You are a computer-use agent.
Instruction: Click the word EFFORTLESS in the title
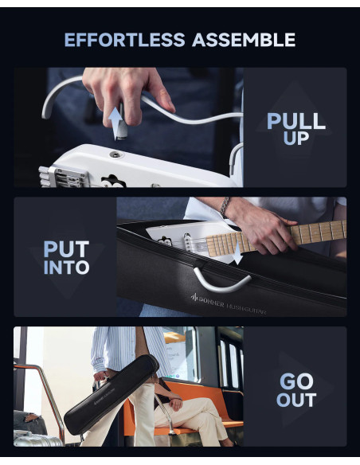tap(124, 40)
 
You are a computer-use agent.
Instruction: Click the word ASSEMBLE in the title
tap(244, 40)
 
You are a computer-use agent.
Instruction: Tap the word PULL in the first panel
tap(296, 121)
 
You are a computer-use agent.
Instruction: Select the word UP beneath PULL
tap(296, 138)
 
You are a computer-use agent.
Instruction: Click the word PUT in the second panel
tap(66, 248)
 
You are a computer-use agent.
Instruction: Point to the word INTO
tap(66, 268)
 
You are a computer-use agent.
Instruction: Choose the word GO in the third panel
tap(296, 381)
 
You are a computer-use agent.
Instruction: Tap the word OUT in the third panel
tap(296, 400)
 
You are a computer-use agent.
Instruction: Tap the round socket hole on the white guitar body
tap(115, 154)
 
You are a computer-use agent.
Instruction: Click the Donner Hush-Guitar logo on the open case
tap(229, 303)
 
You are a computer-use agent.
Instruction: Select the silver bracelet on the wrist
tap(225, 206)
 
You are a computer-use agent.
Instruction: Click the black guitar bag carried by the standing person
tap(112, 395)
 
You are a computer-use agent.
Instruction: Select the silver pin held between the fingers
tap(123, 122)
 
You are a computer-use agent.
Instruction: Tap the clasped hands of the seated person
tap(175, 404)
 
